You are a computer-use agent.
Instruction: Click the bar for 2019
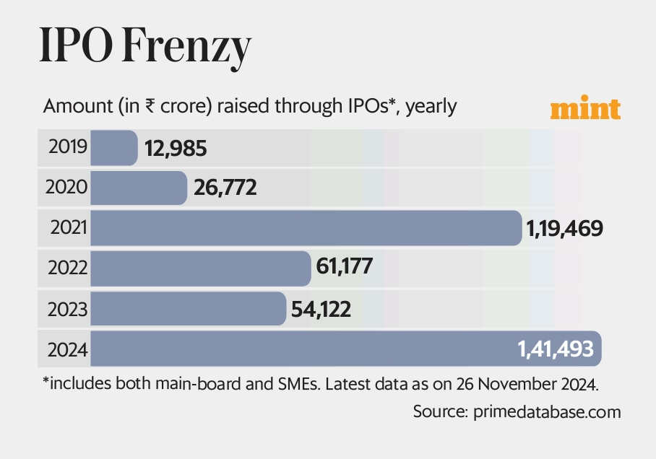114,148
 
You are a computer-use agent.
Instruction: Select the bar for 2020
139,188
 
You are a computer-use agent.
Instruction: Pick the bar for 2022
201,268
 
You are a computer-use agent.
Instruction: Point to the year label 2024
67,350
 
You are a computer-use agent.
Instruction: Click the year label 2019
68,147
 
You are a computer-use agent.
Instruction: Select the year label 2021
68,228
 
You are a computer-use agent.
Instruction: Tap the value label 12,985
176,149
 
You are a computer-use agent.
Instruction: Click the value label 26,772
225,188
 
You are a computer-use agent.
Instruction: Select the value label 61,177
345,268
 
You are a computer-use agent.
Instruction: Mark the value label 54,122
321,310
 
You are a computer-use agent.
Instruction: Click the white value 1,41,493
555,350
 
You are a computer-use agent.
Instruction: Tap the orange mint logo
585,108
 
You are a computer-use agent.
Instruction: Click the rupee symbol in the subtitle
150,106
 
